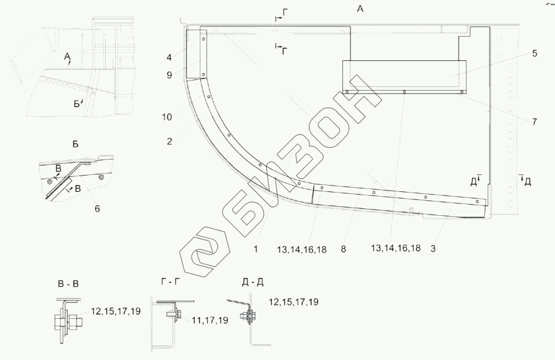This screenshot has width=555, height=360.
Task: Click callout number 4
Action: (x=169, y=57)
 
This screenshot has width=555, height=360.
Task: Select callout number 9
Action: (x=169, y=75)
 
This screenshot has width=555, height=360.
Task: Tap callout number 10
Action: (x=167, y=117)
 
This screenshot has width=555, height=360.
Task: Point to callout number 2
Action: (x=169, y=142)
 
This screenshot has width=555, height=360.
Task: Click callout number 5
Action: (x=534, y=53)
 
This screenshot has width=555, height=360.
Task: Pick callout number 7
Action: (x=534, y=122)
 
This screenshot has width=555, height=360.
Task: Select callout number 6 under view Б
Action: (x=97, y=209)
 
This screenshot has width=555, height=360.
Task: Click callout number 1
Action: (x=256, y=249)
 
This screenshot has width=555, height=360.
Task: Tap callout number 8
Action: (x=343, y=249)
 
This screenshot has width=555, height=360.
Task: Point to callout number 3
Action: (x=433, y=248)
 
